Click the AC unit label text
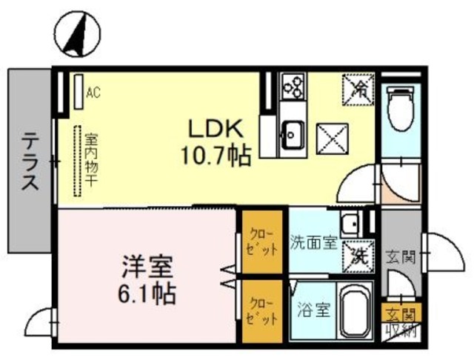(93, 93)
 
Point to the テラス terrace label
(30, 161)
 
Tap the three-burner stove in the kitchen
(291, 87)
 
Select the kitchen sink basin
(292, 135)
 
